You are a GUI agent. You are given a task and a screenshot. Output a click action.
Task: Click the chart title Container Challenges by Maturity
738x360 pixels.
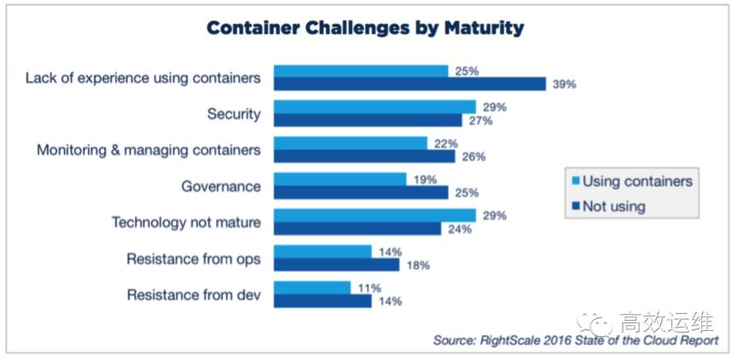tap(365, 28)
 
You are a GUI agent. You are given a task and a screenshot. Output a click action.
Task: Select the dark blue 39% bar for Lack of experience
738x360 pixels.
tap(410, 84)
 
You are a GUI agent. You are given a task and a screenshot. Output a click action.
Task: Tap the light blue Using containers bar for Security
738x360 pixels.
tap(375, 107)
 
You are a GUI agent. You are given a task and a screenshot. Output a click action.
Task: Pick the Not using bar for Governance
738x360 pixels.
tap(360, 193)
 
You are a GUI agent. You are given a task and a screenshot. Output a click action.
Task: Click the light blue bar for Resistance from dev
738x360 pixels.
tap(311, 288)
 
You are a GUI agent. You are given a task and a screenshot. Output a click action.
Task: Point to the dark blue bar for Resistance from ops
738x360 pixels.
tap(336, 265)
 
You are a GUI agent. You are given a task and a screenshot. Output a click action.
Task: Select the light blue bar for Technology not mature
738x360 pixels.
tap(375, 216)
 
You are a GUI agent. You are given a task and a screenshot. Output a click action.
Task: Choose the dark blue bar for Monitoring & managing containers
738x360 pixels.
tap(364, 157)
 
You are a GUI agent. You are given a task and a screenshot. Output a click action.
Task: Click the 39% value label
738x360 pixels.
tap(564, 84)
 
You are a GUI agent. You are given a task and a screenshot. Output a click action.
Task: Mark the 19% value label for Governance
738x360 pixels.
tap(424, 180)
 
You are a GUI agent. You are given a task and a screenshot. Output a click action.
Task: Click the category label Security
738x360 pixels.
tap(234, 113)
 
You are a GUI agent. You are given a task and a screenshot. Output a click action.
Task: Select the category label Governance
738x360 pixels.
tap(221, 186)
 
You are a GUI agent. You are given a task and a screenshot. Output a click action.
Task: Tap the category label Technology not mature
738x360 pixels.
tap(186, 223)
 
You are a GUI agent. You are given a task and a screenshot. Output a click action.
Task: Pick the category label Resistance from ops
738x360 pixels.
tap(194, 258)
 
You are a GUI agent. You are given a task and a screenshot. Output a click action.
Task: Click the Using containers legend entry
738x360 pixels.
tap(630, 181)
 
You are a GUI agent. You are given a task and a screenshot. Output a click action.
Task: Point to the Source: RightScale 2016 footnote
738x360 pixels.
tap(575, 340)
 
